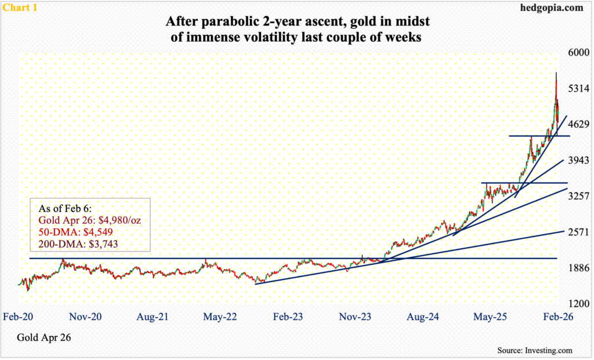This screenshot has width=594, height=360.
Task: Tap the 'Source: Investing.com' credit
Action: pos(534,350)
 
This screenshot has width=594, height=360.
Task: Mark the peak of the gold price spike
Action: pos(557,73)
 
